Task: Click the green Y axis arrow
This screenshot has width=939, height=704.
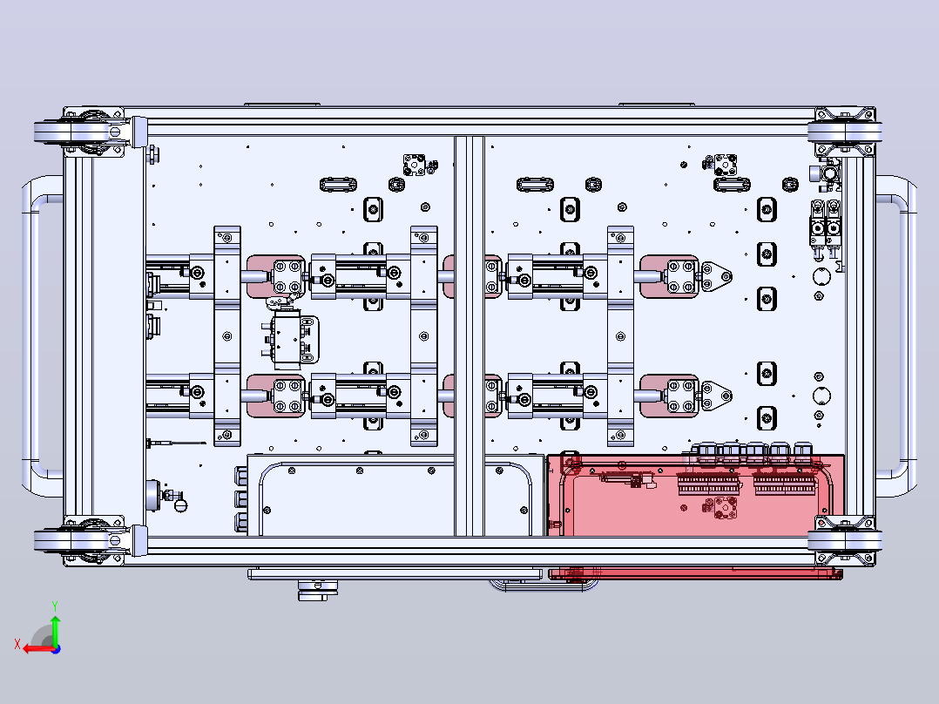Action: click(x=55, y=629)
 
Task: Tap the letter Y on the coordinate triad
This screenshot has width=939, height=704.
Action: click(x=55, y=606)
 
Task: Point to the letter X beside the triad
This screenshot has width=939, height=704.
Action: click(x=17, y=645)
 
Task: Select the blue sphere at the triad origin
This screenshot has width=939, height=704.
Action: click(x=56, y=649)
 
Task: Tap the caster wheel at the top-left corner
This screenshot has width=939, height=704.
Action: click(x=90, y=132)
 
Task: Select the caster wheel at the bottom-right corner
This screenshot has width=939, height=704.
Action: click(x=844, y=540)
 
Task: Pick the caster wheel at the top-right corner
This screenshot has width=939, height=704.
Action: click(x=844, y=132)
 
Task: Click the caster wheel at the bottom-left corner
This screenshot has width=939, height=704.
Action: click(x=90, y=540)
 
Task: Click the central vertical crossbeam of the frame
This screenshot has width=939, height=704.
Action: click(x=469, y=335)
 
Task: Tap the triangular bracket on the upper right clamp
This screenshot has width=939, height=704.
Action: click(x=716, y=277)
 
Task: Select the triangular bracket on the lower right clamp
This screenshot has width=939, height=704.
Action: click(x=716, y=396)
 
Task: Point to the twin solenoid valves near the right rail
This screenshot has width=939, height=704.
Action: click(x=825, y=227)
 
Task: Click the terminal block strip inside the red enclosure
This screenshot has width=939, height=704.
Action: click(x=746, y=484)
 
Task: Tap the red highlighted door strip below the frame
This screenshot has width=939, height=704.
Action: click(x=696, y=573)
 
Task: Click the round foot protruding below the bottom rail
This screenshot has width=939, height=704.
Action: click(x=317, y=590)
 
